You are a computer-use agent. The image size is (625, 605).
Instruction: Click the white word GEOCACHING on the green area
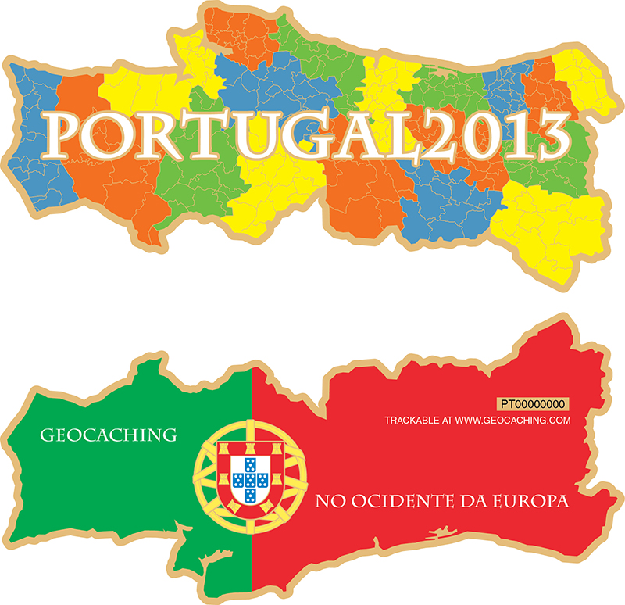107,434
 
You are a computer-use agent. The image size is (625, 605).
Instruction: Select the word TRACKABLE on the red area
412,421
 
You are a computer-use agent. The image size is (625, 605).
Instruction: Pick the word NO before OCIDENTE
326,500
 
